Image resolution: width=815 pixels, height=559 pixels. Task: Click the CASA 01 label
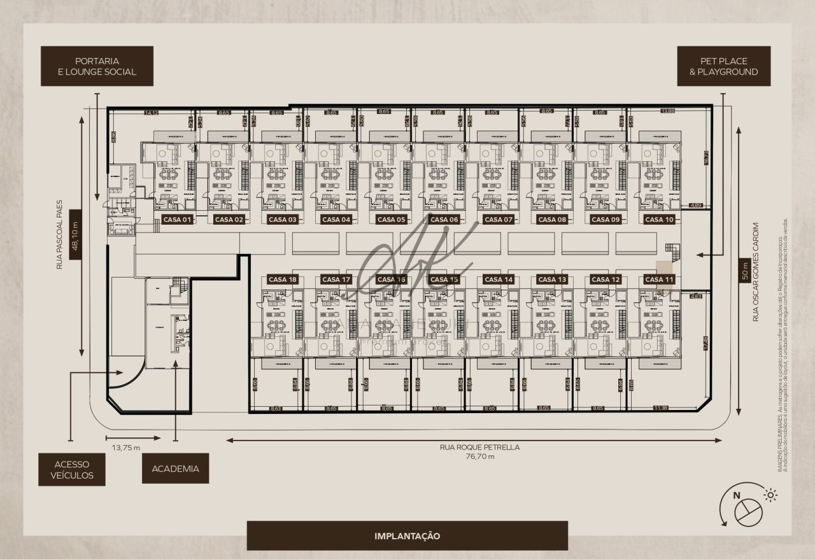[x=178, y=220]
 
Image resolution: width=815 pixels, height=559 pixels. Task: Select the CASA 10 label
[x=659, y=220]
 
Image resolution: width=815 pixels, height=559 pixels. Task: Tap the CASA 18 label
[x=283, y=279]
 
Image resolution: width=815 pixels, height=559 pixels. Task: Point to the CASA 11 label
[x=659, y=279]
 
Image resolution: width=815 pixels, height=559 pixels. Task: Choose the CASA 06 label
[x=444, y=220]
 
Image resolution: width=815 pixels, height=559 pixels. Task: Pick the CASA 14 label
[x=498, y=279]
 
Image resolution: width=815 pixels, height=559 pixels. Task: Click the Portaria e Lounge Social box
[x=97, y=66]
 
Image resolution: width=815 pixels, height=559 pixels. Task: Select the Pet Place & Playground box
[x=723, y=66]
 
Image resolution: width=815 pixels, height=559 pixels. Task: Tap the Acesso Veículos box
[x=71, y=470]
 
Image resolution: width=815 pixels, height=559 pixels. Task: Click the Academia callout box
[x=175, y=469]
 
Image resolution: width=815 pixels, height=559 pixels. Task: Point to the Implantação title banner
[x=407, y=536]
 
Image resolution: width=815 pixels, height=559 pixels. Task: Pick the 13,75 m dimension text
[x=126, y=448]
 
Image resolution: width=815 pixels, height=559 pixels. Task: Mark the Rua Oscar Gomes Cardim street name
[x=756, y=271]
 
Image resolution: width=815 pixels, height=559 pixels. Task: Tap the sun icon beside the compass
[x=770, y=495]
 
